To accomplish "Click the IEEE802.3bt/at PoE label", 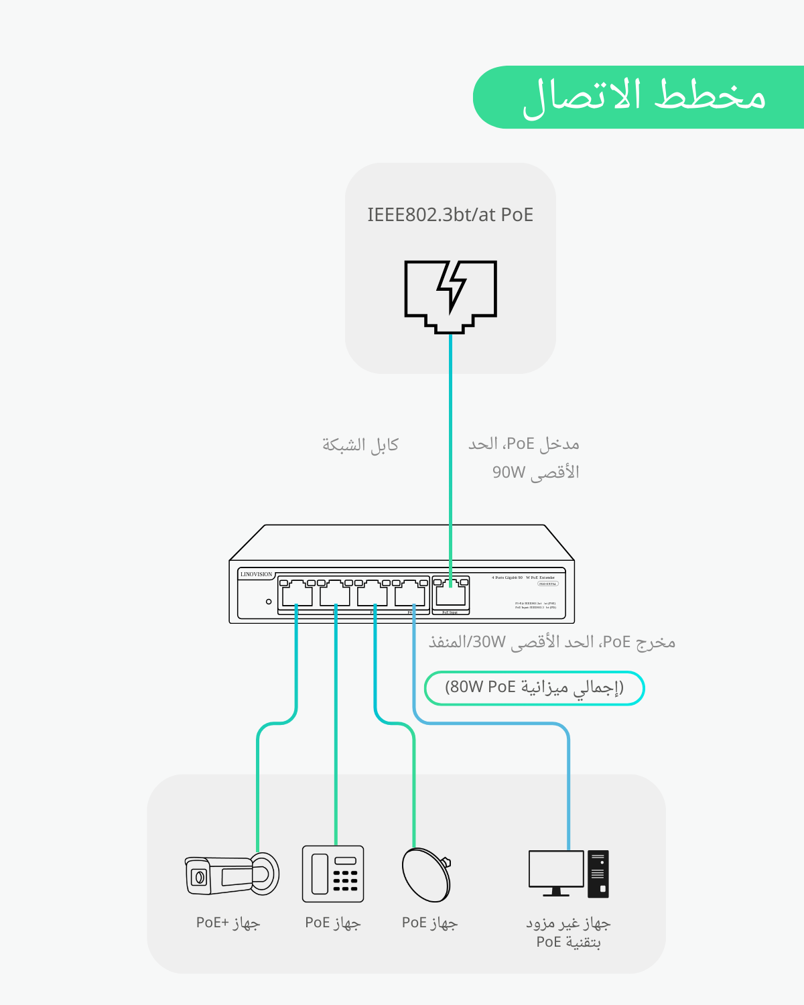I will click(x=450, y=215).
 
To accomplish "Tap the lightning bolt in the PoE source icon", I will click(x=452, y=287).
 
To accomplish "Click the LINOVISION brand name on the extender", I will click(x=257, y=574).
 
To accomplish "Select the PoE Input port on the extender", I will click(x=450, y=594).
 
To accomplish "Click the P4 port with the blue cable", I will click(x=410, y=594).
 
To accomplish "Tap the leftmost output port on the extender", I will click(x=297, y=594).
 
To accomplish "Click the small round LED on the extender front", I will click(x=269, y=602).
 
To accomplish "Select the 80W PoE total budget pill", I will click(x=534, y=688).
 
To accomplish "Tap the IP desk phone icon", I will click(x=333, y=874).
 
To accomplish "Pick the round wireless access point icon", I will click(x=426, y=874).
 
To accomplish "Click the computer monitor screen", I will click(x=556, y=869).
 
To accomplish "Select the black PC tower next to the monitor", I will click(x=598, y=874).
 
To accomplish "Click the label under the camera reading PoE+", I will click(x=228, y=923).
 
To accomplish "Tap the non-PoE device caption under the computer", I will click(x=568, y=933).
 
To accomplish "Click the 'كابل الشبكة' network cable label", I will click(x=360, y=445).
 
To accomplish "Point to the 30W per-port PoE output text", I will click(x=489, y=643).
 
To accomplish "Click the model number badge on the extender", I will click(x=547, y=584).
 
